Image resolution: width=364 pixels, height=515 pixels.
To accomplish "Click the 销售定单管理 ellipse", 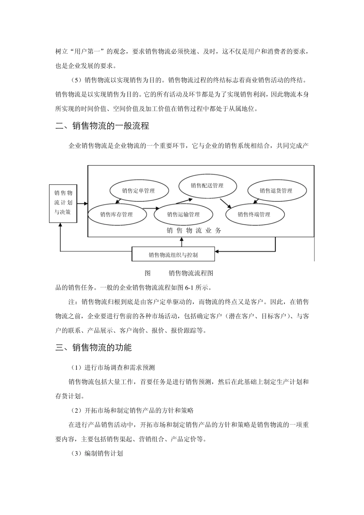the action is (138, 190).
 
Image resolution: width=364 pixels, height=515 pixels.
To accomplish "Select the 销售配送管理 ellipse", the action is (207, 185).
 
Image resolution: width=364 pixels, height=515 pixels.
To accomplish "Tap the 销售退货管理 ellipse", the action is (276, 190).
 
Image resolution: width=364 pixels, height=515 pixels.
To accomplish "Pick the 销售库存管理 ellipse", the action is (116, 214).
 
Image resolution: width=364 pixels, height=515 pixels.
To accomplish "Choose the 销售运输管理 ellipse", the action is (183, 214).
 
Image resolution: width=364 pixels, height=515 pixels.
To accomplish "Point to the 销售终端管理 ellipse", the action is (254, 214).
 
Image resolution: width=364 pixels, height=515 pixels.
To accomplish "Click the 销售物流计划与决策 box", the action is (63, 203).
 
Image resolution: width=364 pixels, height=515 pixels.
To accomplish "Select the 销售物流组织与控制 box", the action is (173, 254).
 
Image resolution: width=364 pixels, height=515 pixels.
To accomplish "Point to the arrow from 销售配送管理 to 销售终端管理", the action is (226, 202).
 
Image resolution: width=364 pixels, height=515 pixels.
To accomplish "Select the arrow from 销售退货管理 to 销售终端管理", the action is (257, 202).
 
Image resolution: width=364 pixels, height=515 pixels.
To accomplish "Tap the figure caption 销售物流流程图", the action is (190, 273).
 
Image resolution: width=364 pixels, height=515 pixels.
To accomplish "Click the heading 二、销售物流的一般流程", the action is (102, 126).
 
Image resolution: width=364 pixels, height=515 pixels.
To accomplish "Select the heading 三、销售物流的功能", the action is (93, 348).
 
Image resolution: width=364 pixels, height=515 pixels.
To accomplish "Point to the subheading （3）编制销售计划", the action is (97, 453).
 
